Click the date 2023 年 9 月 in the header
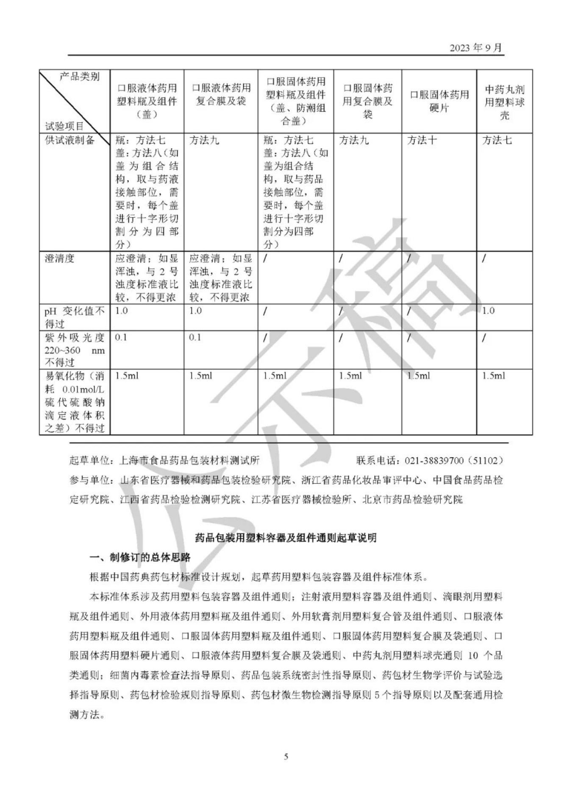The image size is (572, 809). click(x=475, y=47)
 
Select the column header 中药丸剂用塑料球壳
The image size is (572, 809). click(x=504, y=102)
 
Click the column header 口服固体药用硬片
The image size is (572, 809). click(x=439, y=101)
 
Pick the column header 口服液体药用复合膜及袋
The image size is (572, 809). click(x=221, y=95)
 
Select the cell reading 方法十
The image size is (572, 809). click(x=422, y=140)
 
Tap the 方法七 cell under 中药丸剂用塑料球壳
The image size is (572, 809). click(x=497, y=140)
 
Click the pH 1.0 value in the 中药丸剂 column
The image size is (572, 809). click(x=489, y=311)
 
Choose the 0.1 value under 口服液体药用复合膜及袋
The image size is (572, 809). click(x=195, y=337)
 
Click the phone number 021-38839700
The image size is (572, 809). click(x=434, y=460)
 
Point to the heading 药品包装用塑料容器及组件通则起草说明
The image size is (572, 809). click(x=286, y=538)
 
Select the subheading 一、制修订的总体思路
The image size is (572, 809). click(x=140, y=557)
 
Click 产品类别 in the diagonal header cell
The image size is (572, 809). click(x=80, y=77)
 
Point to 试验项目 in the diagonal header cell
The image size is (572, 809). click(x=64, y=126)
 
